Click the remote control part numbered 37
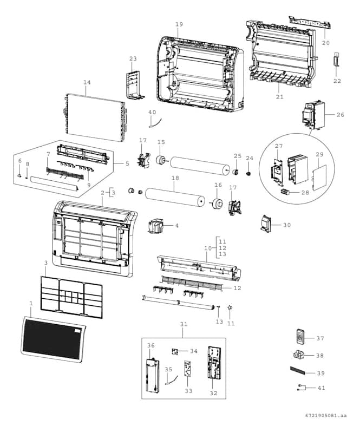301,338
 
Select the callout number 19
179,24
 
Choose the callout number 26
340,114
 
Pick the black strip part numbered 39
299,372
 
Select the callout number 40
152,112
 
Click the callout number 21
279,97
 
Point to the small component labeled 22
336,60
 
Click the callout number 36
150,345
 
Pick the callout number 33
188,390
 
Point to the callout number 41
322,388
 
